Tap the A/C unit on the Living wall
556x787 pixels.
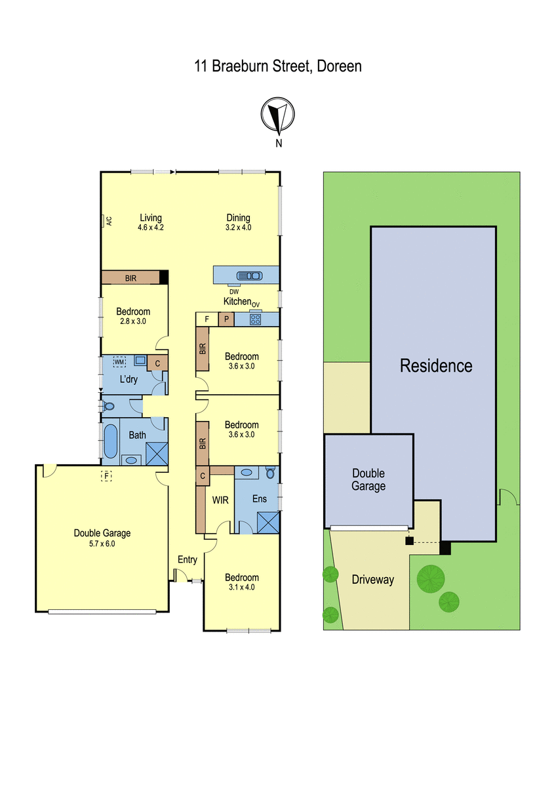pos(103,222)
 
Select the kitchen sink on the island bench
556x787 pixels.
pos(249,276)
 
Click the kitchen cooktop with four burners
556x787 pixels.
pos(255,319)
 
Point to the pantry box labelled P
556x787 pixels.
pos(227,319)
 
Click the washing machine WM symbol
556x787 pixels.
pos(119,361)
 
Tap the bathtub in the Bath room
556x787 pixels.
pos(111,441)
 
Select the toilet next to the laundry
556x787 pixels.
pos(109,407)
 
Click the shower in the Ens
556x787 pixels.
pos(268,523)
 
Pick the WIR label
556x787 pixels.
pos(220,500)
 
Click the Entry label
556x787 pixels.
pos(188,559)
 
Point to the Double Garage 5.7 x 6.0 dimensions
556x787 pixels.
pos(102,544)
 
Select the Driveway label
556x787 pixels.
pos(372,579)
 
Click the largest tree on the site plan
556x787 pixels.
pos(431,579)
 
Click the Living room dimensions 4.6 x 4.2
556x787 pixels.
pos(151,228)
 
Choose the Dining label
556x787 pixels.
pos(238,218)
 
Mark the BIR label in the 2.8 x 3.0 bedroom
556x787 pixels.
pos(130,278)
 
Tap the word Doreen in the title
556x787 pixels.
pos(339,66)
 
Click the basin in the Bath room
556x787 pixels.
pos(131,460)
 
